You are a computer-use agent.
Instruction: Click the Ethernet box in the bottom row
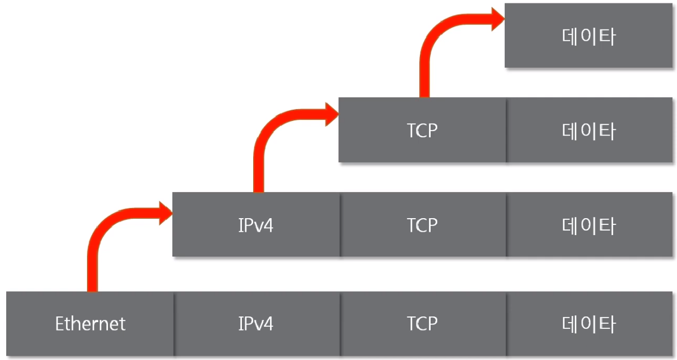pos(90,324)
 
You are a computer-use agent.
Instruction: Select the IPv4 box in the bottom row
pos(256,324)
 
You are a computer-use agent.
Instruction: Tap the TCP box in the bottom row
pos(422,324)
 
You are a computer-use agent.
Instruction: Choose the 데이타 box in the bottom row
pos(589,324)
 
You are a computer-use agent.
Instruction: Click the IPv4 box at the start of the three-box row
pos(256,225)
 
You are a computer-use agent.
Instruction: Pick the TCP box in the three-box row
pos(422,225)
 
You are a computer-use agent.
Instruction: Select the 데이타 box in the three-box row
pos(589,225)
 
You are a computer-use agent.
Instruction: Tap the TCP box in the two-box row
pos(422,131)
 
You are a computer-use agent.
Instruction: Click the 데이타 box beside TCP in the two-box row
pos(589,131)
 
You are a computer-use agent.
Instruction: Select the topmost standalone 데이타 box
pos(589,36)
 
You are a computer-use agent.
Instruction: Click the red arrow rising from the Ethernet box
pos(94,249)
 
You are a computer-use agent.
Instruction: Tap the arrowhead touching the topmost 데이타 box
pos(496,20)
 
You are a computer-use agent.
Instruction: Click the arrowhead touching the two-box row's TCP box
pos(330,115)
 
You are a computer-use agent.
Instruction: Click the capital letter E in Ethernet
pos(59,324)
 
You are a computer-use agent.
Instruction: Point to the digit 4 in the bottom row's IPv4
pos(268,324)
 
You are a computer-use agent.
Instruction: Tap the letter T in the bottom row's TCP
pos(411,324)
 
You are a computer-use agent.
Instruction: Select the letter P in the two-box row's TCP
pos(432,131)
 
